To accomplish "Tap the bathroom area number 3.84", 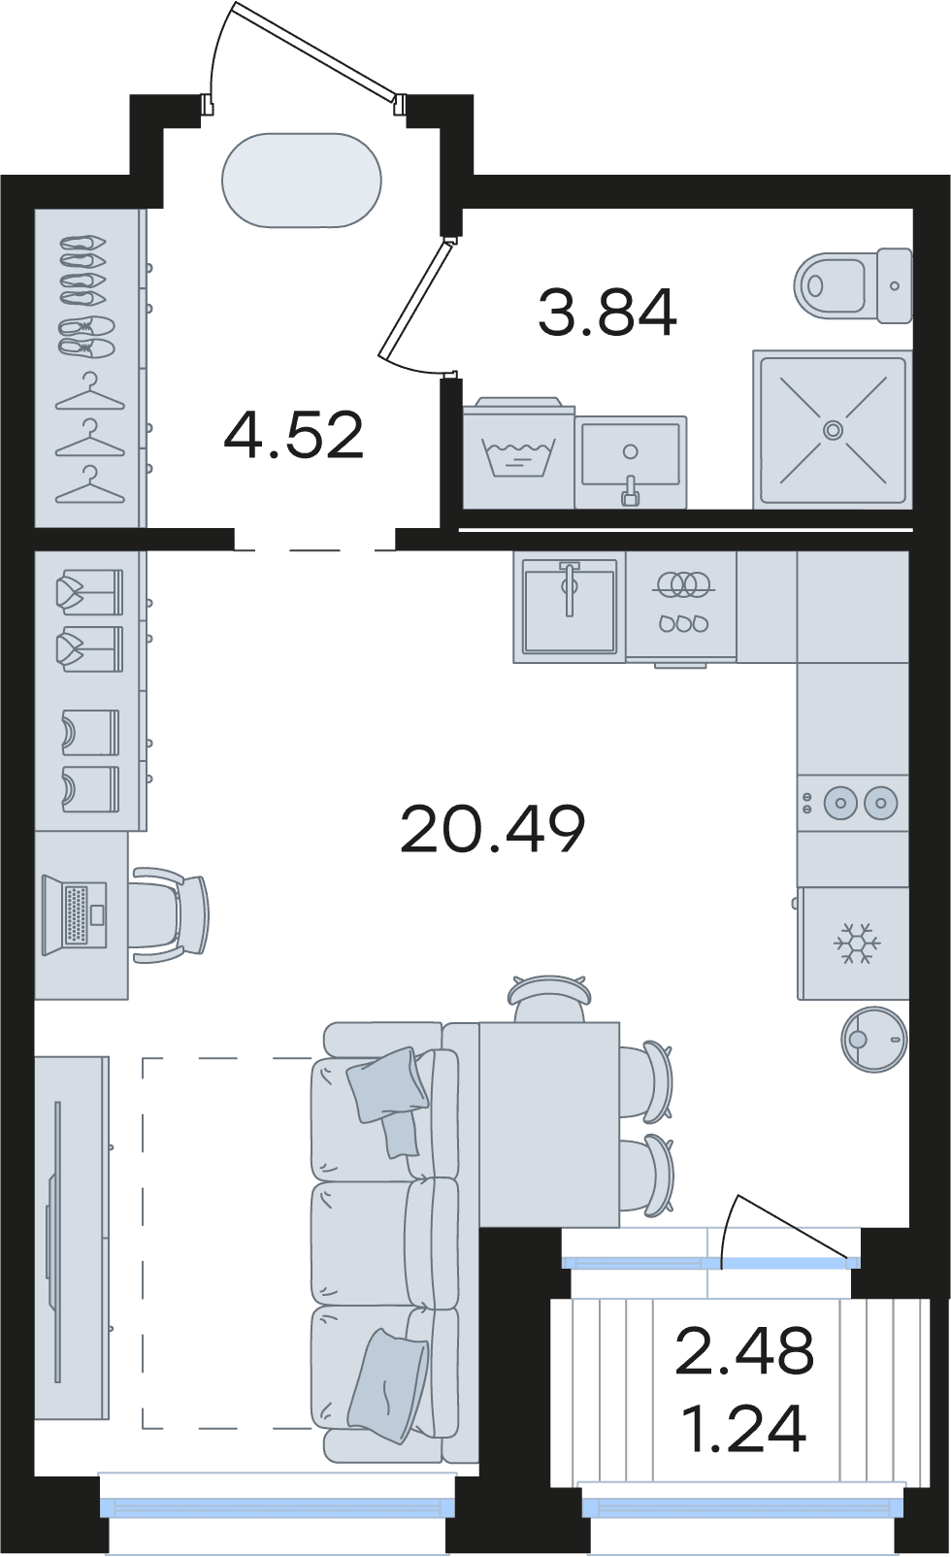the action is point(607,313).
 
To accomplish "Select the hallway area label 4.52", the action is point(294,435).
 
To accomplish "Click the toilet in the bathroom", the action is point(853,285).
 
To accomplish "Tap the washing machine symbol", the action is point(518,451).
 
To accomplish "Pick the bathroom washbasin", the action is point(631,462).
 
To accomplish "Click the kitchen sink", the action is point(570,606).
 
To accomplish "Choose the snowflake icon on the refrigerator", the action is point(857,944).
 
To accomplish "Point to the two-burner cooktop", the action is point(853,804).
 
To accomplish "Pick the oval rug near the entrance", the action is point(302,180).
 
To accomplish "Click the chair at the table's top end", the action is point(548,998).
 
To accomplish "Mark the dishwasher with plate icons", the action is point(681,608).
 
